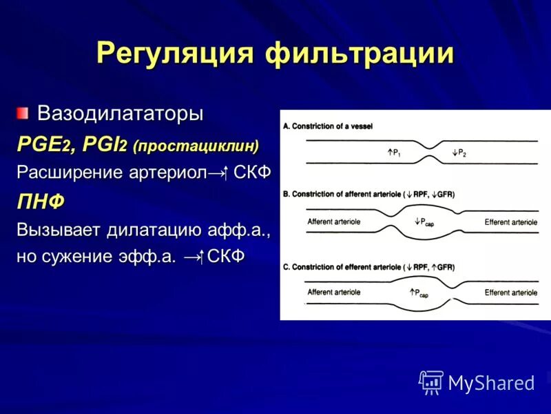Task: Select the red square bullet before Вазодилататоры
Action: coord(23,112)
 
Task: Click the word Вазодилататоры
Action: coord(120,113)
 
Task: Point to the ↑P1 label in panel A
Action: coord(393,152)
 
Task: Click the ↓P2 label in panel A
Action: coord(459,152)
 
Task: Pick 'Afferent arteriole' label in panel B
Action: coord(334,221)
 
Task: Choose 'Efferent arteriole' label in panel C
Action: coord(510,293)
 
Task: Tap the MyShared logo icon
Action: coord(430,382)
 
